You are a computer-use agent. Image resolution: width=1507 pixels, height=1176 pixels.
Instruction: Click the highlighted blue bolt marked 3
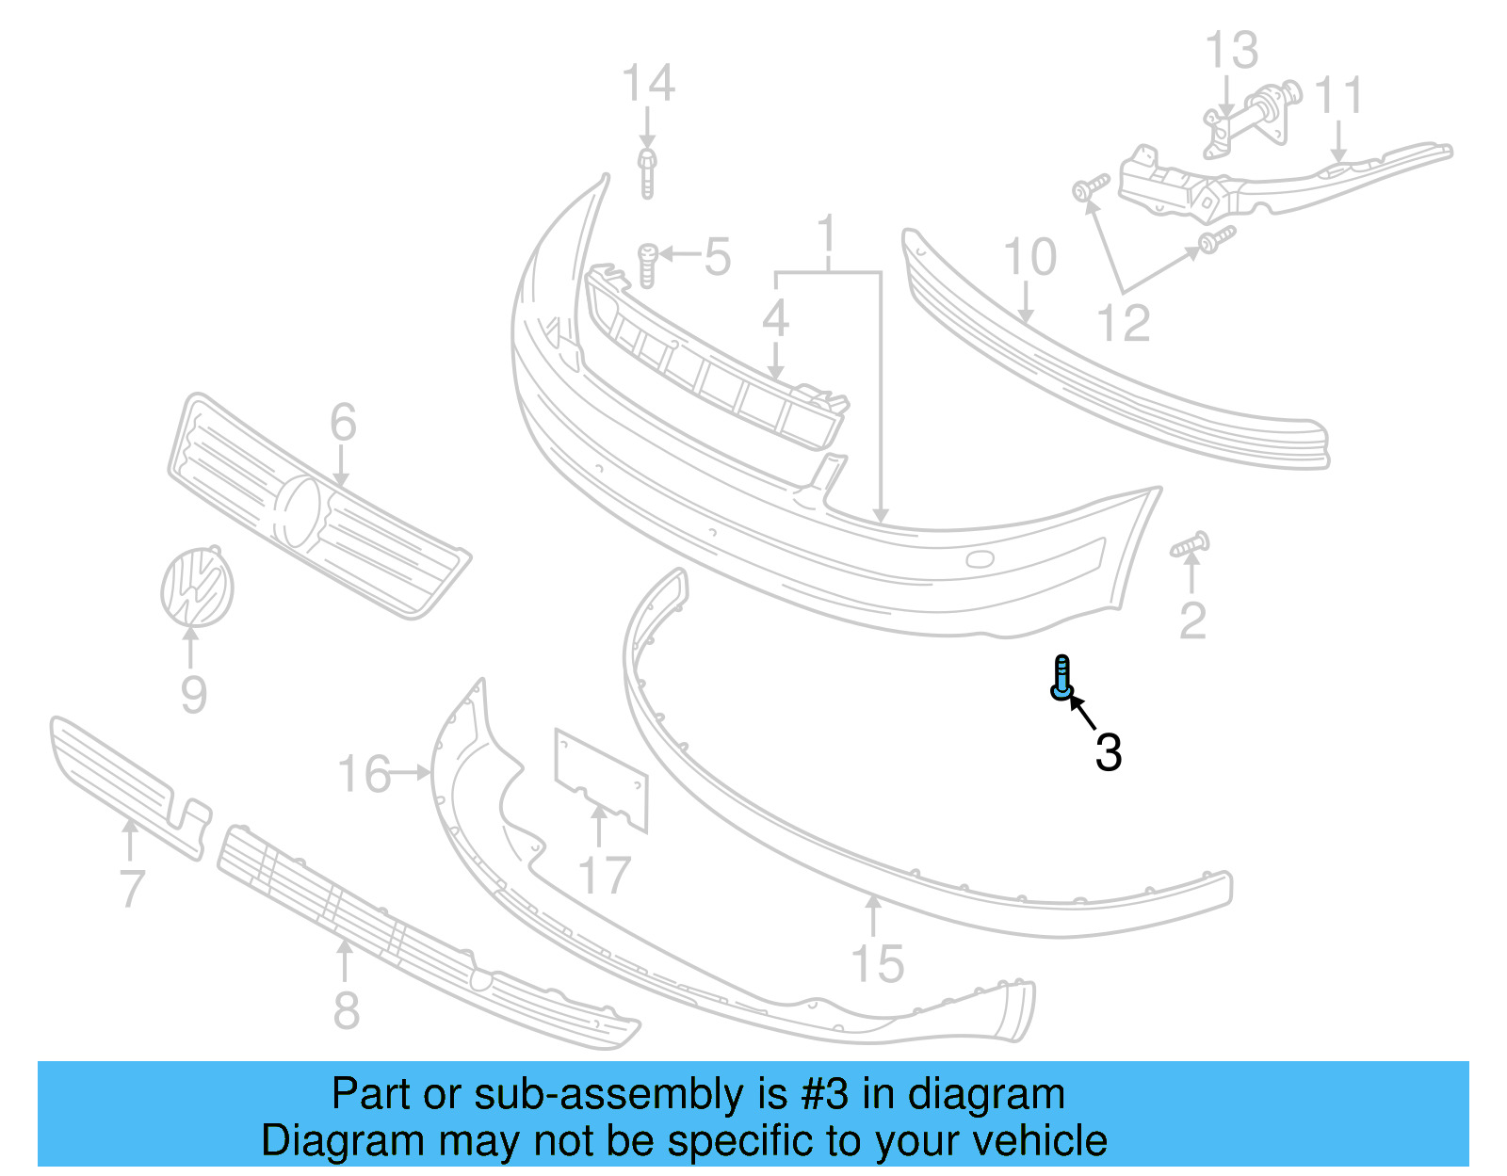point(1061,677)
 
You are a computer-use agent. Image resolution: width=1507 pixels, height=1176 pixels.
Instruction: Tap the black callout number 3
point(1109,752)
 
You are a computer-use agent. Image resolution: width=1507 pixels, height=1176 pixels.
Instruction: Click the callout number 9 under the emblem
point(193,695)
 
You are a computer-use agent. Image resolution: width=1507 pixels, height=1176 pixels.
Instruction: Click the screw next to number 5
point(647,265)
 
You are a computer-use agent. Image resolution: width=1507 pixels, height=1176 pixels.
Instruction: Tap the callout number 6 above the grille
point(343,422)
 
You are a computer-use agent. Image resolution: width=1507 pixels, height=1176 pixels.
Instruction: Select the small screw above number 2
point(1191,545)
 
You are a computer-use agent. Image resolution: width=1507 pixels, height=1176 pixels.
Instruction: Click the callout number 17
point(604,876)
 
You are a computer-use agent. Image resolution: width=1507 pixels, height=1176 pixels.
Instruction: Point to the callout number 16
point(364,774)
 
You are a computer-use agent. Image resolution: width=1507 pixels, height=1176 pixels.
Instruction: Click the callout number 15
point(877,963)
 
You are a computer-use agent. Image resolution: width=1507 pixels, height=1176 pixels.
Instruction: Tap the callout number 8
point(347,1009)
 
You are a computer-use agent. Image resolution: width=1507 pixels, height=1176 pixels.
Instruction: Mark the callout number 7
point(132,888)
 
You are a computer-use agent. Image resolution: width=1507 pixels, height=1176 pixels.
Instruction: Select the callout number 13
point(1231,50)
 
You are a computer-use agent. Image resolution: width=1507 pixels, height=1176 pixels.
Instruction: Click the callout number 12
point(1124,323)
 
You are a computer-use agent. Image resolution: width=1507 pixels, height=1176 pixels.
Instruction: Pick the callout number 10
point(1029,257)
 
